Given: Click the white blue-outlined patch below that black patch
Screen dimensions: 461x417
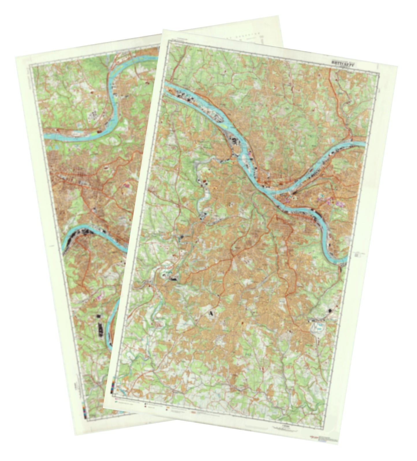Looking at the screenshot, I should [318, 327].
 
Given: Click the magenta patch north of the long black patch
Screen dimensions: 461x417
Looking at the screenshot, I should [100, 295].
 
